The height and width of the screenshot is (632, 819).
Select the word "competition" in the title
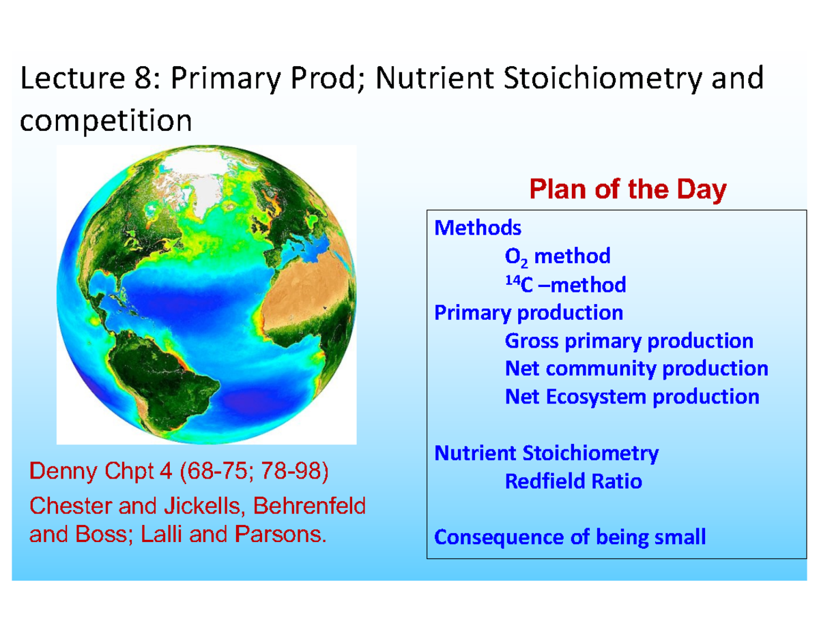coord(106,121)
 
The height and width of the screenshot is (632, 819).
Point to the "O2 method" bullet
coord(557,256)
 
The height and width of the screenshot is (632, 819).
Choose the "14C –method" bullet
coord(564,284)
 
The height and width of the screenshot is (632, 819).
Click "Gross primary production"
coord(629,340)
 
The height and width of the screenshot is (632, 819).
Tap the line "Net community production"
coord(636,368)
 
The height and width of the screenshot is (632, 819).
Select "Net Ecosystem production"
coord(631,396)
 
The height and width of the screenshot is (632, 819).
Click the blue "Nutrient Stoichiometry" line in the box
coord(547,453)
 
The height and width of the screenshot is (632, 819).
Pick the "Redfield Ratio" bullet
coord(573,481)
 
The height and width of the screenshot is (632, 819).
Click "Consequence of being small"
coord(570,537)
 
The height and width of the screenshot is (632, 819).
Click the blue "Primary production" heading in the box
coord(529,312)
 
